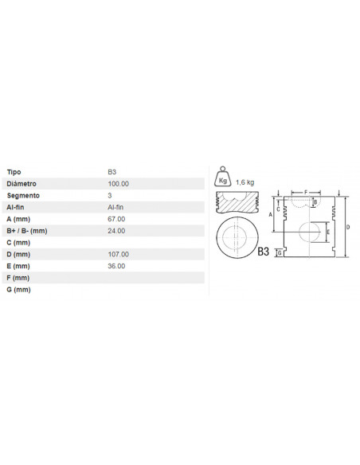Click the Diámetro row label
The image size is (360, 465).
[22, 184]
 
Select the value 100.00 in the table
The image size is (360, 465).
[119, 184]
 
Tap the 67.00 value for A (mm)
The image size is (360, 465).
[116, 219]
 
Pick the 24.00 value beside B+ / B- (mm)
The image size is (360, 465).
[116, 231]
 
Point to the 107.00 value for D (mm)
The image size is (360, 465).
[119, 254]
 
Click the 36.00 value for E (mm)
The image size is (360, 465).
[116, 266]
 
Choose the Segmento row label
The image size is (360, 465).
[23, 195]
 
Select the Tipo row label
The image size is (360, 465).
[14, 172]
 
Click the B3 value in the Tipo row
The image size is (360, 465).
[112, 172]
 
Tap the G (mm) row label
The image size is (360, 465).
[18, 290]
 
